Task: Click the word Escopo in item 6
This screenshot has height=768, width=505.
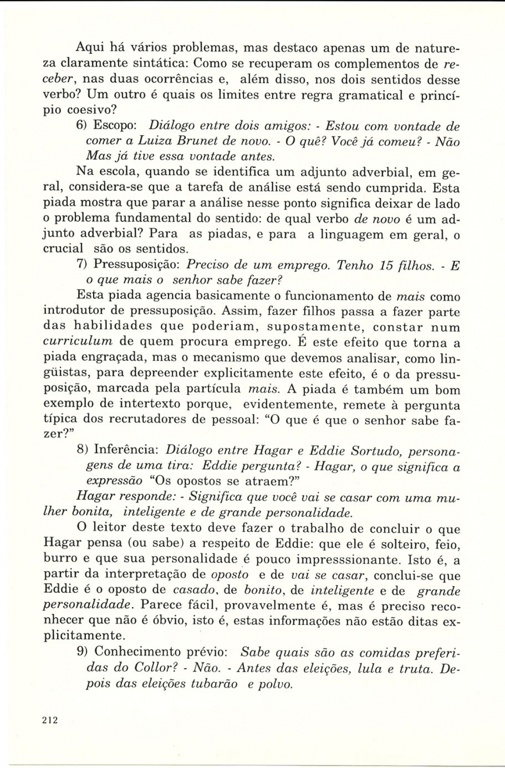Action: pos(115,126)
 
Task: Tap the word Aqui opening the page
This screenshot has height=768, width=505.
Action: pos(92,48)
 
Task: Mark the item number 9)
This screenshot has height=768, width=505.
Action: pos(83,653)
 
